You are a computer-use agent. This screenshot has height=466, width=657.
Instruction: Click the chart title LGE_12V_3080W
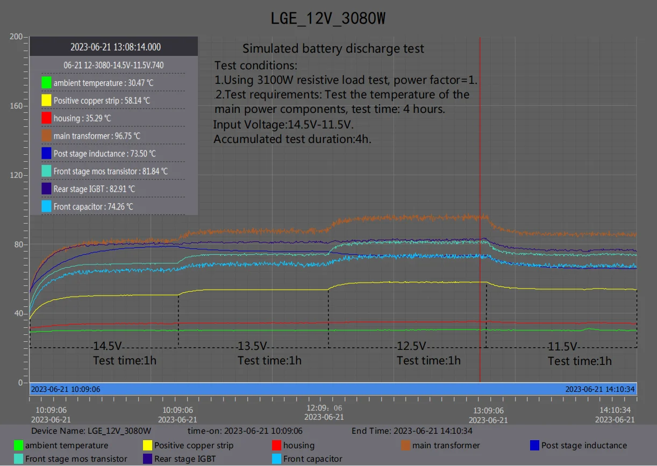click(328, 18)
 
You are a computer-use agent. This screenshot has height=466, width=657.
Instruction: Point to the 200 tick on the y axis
click(16, 37)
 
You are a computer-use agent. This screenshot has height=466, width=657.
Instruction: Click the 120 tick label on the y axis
click(16, 175)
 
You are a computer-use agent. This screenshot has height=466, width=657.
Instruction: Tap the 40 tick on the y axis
click(18, 313)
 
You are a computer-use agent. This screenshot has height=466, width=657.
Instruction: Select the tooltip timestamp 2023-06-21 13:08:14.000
click(115, 47)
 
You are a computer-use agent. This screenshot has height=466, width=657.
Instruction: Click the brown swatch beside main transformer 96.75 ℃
click(46, 135)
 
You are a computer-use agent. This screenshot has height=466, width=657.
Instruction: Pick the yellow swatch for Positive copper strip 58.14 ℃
click(46, 101)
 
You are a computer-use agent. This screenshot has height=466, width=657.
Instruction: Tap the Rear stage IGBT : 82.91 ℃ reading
click(94, 189)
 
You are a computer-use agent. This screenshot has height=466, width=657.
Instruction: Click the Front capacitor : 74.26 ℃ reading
click(93, 206)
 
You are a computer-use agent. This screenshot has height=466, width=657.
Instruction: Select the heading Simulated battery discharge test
click(333, 48)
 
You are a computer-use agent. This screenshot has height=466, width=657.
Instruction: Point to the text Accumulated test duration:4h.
click(292, 139)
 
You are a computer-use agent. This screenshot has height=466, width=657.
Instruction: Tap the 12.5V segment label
click(411, 346)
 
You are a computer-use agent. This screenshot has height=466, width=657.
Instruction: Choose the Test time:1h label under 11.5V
click(580, 361)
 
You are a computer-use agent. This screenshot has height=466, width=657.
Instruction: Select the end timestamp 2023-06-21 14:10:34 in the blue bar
click(599, 389)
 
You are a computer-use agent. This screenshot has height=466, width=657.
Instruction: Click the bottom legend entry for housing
click(298, 445)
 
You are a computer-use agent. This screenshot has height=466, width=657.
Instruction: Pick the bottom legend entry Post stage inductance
click(584, 445)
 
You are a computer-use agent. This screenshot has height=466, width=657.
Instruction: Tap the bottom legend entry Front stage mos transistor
click(76, 459)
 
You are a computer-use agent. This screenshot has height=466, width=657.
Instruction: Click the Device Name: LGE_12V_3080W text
click(91, 431)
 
